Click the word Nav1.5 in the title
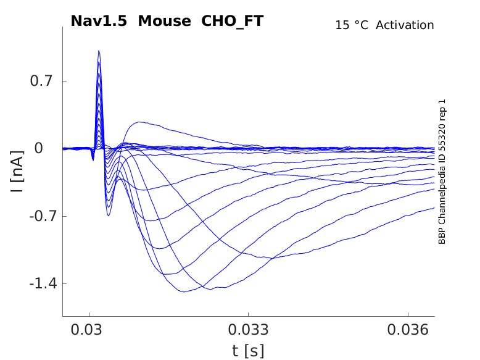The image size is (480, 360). (99, 21)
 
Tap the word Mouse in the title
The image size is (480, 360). (165, 21)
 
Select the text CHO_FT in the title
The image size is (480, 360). (233, 21)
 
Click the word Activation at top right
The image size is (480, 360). (405, 25)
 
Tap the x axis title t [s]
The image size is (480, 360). (248, 351)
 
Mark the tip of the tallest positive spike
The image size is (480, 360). (99, 51)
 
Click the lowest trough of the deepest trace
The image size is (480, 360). (183, 291)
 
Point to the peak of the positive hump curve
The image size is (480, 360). (140, 122)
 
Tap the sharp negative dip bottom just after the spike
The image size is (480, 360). (109, 215)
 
